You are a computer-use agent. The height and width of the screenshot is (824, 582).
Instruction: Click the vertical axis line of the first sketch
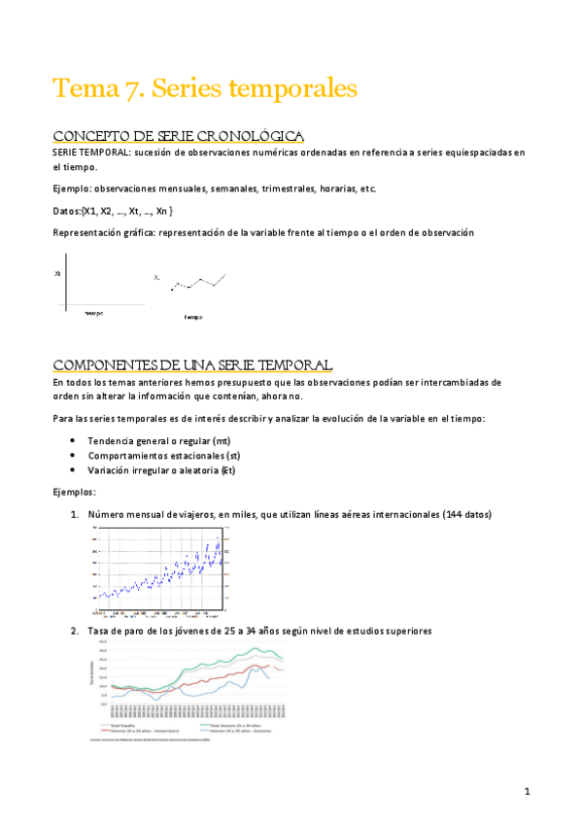(x=66, y=287)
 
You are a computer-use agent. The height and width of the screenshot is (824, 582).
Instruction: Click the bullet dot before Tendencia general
(x=74, y=440)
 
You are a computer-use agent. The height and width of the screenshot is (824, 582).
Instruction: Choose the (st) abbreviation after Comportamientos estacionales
(x=232, y=455)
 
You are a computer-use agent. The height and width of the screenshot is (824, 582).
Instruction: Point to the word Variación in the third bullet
(x=111, y=470)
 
